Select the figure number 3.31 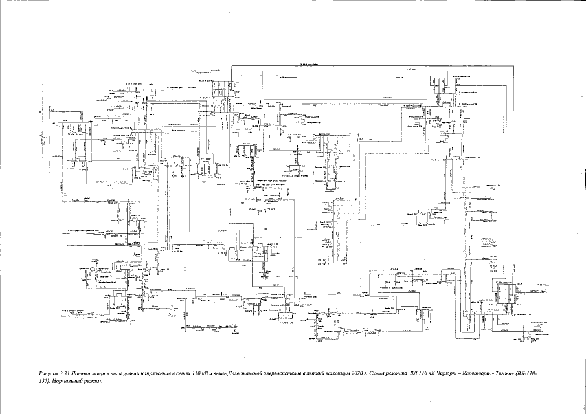pos(65,374)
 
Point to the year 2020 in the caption pos(359,374)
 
